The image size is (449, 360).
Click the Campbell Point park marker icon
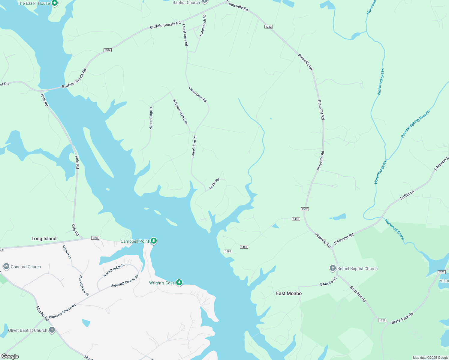[153, 241]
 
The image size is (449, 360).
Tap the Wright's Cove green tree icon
[179, 282]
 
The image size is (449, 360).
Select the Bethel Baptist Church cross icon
[333, 268]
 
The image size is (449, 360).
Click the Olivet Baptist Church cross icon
[52, 330]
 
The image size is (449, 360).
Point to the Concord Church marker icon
[6, 266]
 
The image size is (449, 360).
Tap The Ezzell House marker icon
[54, 3]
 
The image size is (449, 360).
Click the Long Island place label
[44, 238]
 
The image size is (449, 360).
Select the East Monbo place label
[289, 293]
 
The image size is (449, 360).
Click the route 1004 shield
[107, 50]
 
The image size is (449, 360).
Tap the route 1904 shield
[95, 238]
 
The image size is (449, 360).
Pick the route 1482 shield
[228, 251]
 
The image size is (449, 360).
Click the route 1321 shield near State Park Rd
[382, 320]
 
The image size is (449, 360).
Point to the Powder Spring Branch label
[415, 124]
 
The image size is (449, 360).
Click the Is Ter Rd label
[214, 184]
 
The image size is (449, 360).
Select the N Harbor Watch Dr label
[180, 112]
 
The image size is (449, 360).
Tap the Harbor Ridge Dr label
[151, 118]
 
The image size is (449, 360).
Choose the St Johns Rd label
[358, 294]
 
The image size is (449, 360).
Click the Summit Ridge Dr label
[114, 271]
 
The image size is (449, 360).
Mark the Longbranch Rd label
[203, 25]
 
